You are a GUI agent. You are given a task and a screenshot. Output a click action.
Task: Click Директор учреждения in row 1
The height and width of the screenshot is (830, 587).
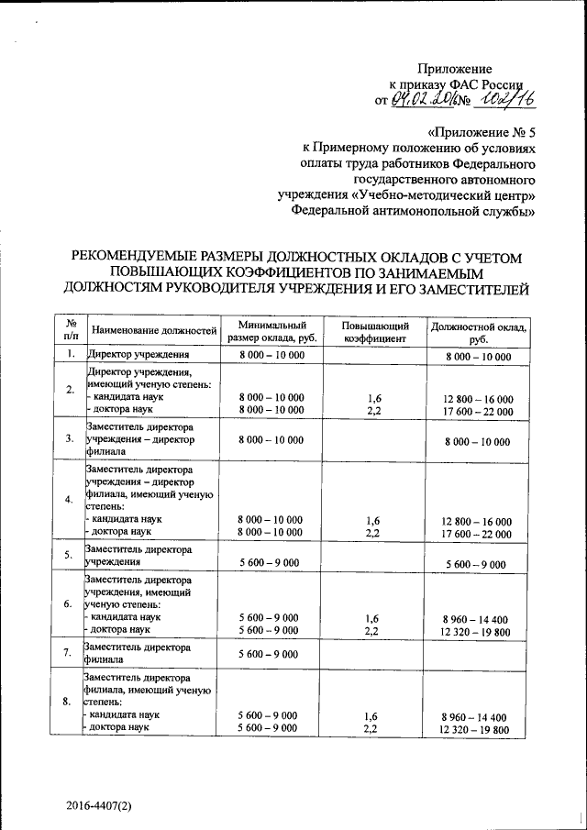[x=138, y=354]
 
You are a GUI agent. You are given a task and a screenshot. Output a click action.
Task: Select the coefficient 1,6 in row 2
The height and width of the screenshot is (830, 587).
[x=373, y=398]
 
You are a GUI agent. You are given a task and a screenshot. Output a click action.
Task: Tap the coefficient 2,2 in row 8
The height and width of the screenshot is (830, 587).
[x=371, y=727]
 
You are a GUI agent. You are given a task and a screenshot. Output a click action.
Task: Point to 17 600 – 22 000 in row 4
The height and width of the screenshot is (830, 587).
[x=477, y=532]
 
